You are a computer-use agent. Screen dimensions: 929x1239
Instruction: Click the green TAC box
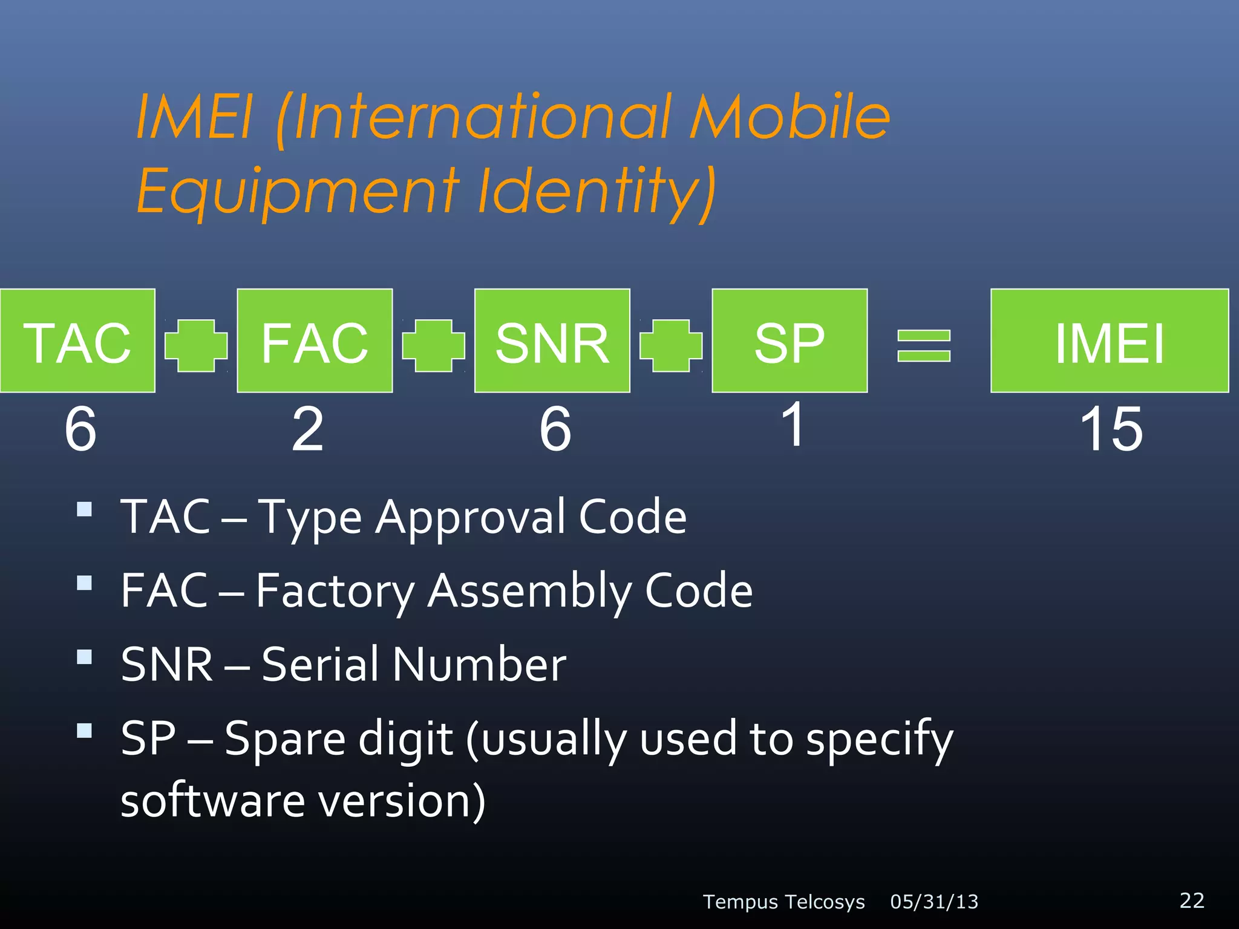click(x=77, y=341)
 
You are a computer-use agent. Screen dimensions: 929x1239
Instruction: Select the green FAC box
click(x=315, y=341)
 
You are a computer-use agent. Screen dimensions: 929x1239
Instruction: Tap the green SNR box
click(x=552, y=341)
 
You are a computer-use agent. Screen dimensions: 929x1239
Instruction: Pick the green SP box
click(x=789, y=341)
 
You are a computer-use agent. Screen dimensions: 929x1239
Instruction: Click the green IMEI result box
click(x=1109, y=341)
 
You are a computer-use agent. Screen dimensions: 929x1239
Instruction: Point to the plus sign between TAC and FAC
click(x=196, y=345)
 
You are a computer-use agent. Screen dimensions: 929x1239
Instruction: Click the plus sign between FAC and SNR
click(x=433, y=345)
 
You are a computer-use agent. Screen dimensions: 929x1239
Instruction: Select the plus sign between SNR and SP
click(x=671, y=345)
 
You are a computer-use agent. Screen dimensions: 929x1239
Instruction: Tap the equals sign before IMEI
click(x=924, y=345)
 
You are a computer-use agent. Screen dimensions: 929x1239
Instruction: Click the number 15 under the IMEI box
click(x=1111, y=429)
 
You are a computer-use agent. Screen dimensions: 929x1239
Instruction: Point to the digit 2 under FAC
click(x=307, y=429)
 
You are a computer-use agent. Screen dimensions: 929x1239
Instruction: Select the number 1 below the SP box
click(x=793, y=425)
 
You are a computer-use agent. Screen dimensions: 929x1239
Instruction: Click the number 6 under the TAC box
click(x=80, y=429)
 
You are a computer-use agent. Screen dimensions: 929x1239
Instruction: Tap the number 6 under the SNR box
click(x=555, y=429)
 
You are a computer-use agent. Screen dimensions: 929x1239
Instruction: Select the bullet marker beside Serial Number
click(x=85, y=657)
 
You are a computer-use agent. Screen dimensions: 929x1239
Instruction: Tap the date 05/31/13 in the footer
click(x=934, y=902)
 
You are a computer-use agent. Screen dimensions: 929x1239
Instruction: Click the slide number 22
click(x=1192, y=900)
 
